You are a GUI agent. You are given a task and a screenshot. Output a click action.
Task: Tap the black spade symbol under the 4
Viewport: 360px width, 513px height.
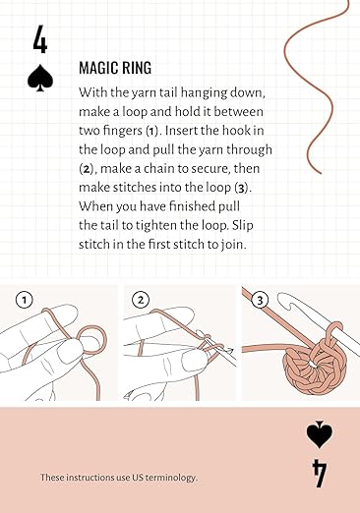coord(40,79)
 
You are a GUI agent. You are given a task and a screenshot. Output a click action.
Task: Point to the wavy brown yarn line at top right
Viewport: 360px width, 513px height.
coord(313,88)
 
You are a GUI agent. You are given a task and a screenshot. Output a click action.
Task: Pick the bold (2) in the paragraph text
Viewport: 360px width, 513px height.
coord(89,168)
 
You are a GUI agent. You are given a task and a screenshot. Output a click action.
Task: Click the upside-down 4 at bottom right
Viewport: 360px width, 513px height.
coord(319,473)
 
